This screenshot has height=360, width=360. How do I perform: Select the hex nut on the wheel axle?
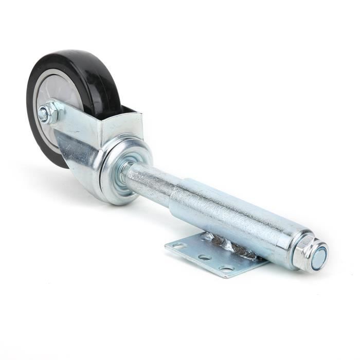click(x=49, y=113)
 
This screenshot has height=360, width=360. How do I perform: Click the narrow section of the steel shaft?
click(x=149, y=183)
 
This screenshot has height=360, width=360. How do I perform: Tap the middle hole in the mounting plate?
click(x=205, y=257)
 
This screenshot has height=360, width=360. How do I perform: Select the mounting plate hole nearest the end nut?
click(x=226, y=267)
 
